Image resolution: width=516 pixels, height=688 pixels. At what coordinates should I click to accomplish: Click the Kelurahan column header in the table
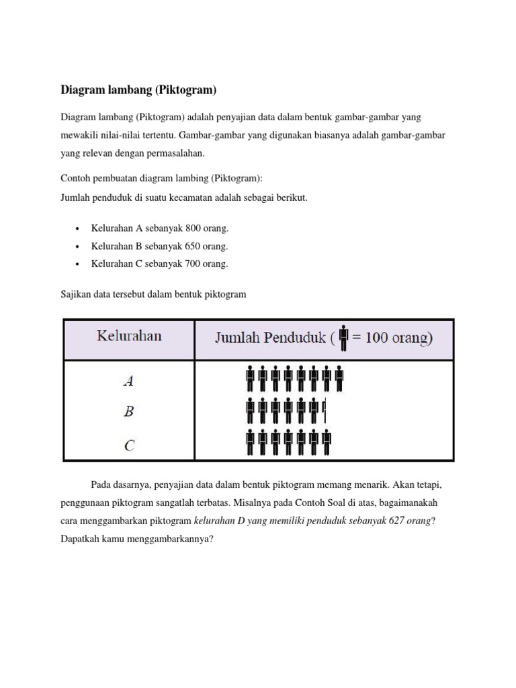point(129,336)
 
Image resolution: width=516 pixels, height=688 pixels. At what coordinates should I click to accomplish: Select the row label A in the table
point(128,381)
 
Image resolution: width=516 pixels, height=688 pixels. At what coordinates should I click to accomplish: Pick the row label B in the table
point(128,412)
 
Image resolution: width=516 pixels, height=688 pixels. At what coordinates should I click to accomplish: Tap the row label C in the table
point(129,444)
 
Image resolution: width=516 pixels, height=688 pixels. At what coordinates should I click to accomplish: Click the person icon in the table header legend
point(344,337)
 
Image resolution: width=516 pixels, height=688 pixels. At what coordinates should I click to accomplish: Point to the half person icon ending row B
point(324,411)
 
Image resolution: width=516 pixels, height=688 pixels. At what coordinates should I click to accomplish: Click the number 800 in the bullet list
point(185,228)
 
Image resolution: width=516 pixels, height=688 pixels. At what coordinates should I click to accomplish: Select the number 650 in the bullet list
point(185,246)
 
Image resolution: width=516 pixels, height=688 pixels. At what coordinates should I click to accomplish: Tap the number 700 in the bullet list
point(185,263)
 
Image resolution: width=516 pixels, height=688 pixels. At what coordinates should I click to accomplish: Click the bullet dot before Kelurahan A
point(79,229)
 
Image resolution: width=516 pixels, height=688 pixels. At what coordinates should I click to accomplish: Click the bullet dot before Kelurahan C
point(79,264)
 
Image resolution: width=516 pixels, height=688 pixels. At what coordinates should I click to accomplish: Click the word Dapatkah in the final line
point(79,538)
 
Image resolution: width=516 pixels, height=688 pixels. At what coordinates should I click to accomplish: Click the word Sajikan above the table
point(77,294)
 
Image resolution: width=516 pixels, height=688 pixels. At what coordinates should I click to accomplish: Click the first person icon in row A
point(251,379)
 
